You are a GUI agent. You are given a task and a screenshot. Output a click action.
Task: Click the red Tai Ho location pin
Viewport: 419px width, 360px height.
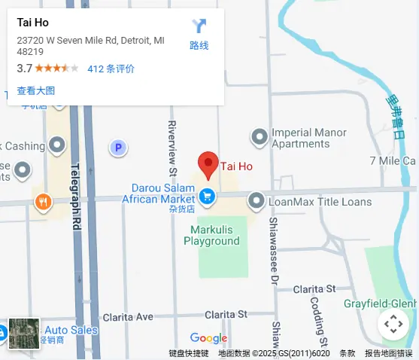point(208,163)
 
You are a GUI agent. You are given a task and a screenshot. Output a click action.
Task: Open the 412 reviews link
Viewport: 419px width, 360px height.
point(111,69)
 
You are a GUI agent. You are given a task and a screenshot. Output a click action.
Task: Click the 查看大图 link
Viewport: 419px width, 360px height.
point(36,90)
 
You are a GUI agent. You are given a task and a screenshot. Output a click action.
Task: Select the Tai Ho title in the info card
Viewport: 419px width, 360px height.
point(33,23)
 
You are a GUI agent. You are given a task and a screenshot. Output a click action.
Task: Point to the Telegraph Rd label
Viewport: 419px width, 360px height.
point(75,197)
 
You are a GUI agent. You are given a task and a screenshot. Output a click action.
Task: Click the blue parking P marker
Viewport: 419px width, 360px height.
point(117,148)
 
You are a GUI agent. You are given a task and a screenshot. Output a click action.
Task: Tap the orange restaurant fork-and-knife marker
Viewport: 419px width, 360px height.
point(43,201)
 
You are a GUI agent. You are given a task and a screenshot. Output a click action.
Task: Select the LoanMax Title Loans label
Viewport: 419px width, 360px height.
point(320,202)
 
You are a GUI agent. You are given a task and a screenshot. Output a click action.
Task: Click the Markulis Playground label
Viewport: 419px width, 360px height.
point(211,235)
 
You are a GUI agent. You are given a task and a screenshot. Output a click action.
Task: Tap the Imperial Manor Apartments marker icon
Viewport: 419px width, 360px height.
point(260,136)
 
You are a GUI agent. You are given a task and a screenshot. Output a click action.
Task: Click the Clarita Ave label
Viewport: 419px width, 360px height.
point(128,317)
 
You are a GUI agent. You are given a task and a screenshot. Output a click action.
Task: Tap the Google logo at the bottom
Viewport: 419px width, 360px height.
point(208,338)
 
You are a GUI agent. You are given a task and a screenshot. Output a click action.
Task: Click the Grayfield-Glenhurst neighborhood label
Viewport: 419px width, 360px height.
point(380,304)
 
